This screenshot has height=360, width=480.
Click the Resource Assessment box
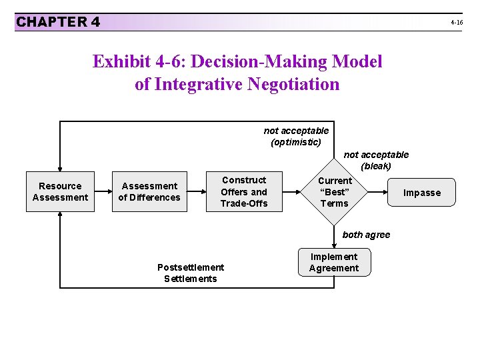tap(60, 192)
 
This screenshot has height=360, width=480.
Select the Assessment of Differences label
tap(149, 192)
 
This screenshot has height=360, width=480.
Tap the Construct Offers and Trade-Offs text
tap(244, 192)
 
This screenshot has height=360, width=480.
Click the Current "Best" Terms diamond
tap(334, 192)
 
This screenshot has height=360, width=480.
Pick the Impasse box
tap(422, 193)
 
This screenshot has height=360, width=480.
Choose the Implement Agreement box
tap(333, 263)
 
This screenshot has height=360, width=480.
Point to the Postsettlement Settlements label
tap(191, 273)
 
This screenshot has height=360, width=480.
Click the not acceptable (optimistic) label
tap(296, 136)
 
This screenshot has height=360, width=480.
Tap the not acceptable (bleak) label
tap(376, 160)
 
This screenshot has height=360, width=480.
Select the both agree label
tap(366, 235)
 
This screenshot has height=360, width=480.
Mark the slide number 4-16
tap(457, 23)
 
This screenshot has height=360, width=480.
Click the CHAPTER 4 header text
tap(58, 22)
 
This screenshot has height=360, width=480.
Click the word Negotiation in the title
tap(293, 85)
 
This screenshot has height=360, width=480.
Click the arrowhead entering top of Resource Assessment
tap(60, 169)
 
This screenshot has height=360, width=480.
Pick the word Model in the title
tap(359, 62)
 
